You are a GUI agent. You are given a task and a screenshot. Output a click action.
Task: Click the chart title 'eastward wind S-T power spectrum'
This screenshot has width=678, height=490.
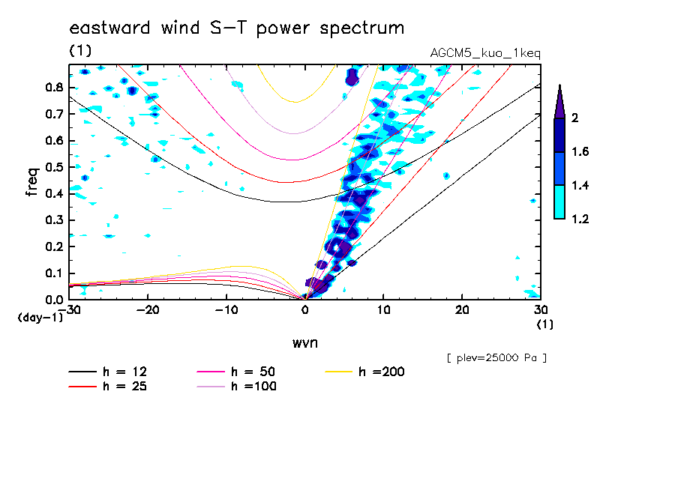(x=237, y=28)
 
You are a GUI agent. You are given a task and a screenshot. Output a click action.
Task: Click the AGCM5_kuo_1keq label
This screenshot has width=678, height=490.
(x=485, y=53)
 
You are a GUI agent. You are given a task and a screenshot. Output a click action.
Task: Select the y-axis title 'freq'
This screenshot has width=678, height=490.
(x=32, y=182)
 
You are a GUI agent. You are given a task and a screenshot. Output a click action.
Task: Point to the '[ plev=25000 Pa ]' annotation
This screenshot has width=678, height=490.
(x=496, y=358)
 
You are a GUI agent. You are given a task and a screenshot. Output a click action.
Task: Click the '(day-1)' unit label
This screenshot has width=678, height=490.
(x=40, y=318)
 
